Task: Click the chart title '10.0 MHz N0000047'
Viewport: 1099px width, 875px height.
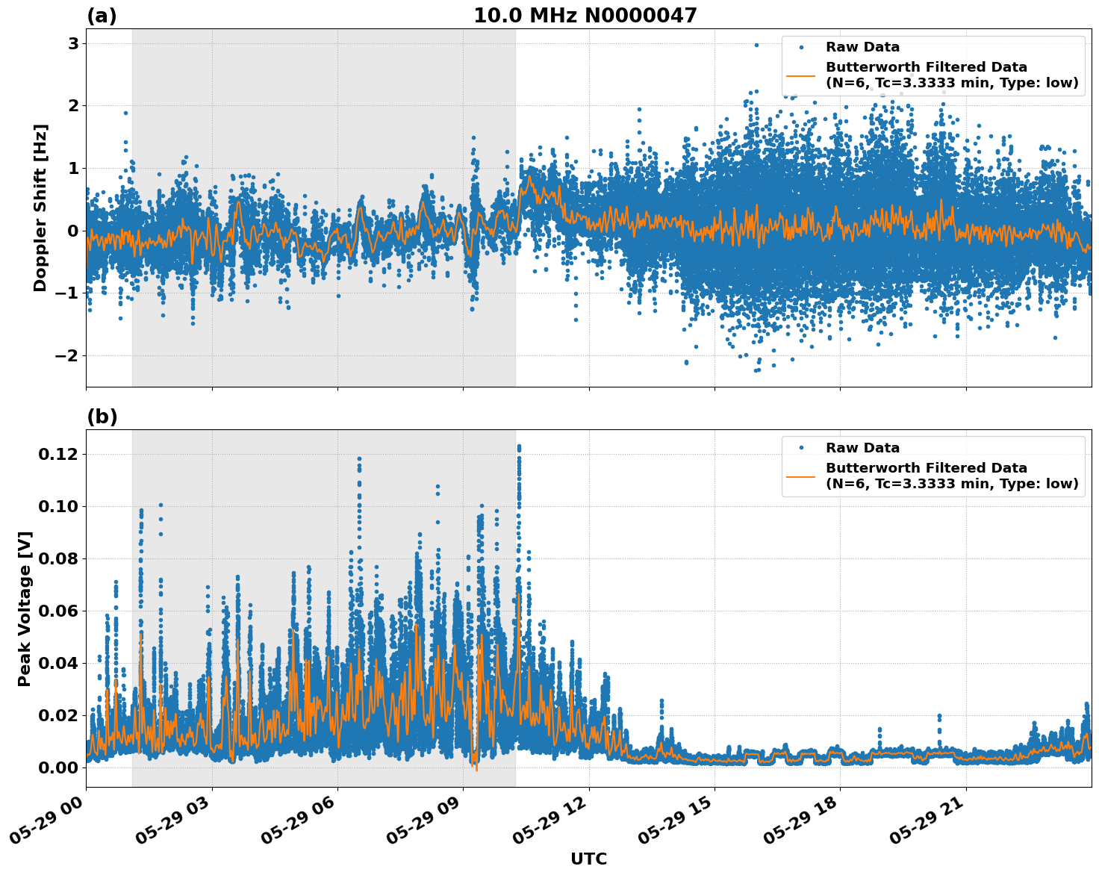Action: point(585,16)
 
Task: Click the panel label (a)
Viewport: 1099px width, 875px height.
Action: point(102,16)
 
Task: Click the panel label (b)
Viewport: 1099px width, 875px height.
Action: point(102,417)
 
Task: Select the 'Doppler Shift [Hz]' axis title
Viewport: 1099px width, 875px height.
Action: point(40,208)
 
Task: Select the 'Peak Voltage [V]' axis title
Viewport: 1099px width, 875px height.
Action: point(25,608)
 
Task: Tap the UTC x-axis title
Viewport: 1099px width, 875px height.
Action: point(588,859)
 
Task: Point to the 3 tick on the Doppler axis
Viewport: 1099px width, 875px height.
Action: point(73,43)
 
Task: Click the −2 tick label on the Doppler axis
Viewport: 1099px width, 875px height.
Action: point(66,355)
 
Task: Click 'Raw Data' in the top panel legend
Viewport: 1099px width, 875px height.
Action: point(862,47)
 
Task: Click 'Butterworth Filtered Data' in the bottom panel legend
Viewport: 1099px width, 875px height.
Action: point(926,468)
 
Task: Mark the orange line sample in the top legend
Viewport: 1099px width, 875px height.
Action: point(802,75)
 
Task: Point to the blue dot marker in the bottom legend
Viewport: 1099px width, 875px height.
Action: point(802,448)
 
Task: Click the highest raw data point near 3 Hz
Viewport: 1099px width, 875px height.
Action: point(756,45)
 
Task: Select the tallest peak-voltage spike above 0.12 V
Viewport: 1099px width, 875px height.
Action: point(519,446)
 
